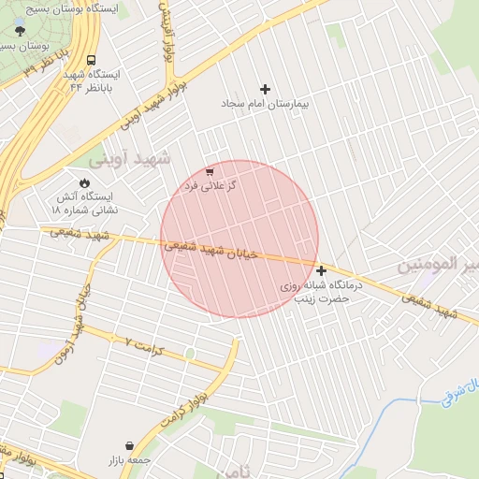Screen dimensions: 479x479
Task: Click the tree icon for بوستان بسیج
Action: coord(22,30)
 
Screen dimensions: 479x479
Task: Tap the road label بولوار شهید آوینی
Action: coord(154,107)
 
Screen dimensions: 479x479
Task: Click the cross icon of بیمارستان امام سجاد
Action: coord(266,89)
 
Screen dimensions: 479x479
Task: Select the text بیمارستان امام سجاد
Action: coord(266,104)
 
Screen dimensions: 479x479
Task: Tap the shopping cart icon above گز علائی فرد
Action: coord(210,172)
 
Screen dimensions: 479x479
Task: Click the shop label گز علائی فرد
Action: coord(210,186)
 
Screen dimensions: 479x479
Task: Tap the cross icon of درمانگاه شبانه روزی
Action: coord(322,270)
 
